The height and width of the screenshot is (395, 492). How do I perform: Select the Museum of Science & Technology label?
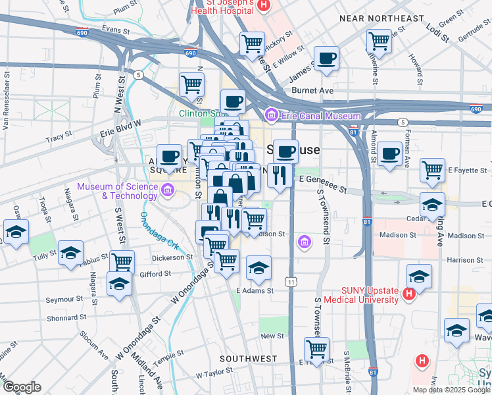tap(117, 190)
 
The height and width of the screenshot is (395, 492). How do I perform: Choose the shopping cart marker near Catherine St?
tap(379, 41)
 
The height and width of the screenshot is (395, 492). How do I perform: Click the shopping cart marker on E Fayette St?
tap(432, 170)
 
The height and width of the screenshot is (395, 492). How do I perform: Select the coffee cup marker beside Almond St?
tap(389, 154)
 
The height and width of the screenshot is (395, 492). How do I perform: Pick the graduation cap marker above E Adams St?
tap(259, 268)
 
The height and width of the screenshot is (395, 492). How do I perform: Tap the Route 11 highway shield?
tap(290, 282)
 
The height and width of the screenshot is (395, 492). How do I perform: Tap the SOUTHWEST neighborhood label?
tap(248, 359)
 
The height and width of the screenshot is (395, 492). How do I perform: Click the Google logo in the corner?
tap(22, 388)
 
